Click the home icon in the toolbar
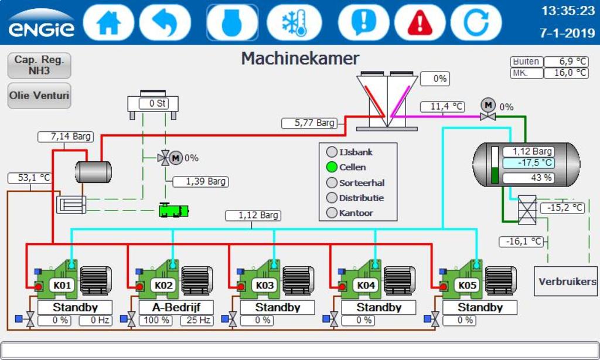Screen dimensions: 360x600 (x=108, y=22)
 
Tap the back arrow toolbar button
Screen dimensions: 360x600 (x=165, y=22)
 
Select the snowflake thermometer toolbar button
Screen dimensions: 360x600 (x=294, y=22)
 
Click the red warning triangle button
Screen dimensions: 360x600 (x=420, y=22)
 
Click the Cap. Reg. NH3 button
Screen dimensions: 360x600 (x=39, y=65)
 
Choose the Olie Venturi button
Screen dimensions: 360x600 (x=39, y=95)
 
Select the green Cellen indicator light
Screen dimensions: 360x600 (x=332, y=167)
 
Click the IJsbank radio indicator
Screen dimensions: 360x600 (x=332, y=152)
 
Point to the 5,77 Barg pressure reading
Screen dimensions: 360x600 (x=309, y=123)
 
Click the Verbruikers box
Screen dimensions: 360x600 (x=567, y=281)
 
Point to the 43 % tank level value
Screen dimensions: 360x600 (x=528, y=177)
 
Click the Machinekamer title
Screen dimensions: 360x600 (x=300, y=58)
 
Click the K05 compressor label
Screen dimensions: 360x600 (x=467, y=286)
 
